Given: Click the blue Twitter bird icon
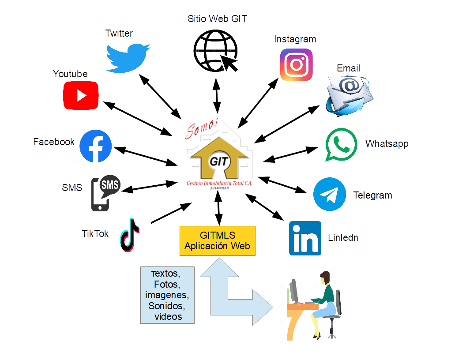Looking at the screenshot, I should pos(128,57).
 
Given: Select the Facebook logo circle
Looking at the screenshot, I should pos(96,146).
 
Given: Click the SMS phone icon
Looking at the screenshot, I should pos(104,193).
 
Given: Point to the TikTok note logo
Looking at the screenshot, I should pos(129,235).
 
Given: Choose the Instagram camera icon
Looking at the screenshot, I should pos(297,65).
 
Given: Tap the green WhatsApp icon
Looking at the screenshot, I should pos(341,144).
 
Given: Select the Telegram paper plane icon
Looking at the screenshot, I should pos(330,195).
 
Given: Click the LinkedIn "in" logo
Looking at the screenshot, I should pos(305,238).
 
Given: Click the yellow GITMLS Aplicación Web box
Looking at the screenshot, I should pos(217,240).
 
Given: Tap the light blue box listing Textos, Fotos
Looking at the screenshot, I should pos(168,295).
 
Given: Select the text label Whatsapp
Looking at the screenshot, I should pos(387,144).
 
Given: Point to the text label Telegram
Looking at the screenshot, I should pos(372,195).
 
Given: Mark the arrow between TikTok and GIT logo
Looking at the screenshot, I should pos(171,213).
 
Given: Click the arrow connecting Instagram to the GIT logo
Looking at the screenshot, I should pos(259,102).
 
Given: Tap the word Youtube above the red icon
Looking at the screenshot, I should pos(70,74).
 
